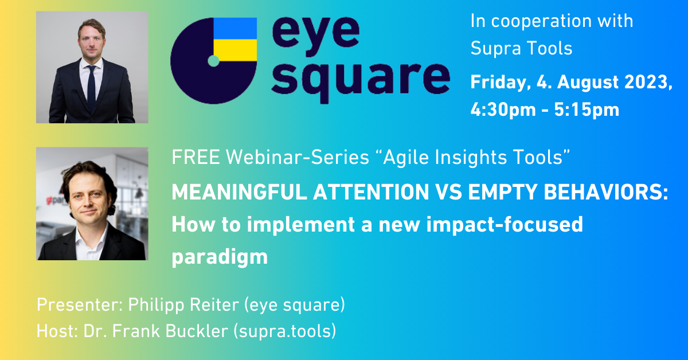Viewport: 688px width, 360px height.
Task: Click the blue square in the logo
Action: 235,29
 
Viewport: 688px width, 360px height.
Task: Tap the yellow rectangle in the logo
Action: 235,50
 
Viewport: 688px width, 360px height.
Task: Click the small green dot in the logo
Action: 213,61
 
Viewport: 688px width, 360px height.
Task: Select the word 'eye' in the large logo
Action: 316,36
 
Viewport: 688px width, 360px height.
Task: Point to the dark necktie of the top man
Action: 91,88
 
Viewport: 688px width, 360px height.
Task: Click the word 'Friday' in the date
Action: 501,83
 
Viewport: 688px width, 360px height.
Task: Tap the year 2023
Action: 648,82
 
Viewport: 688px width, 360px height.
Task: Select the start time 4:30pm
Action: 503,109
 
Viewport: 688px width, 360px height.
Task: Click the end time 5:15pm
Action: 587,109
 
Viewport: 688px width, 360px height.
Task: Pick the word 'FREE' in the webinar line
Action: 196,157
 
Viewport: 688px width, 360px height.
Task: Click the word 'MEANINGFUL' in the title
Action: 239,192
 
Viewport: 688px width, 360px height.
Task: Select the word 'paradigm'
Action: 220,257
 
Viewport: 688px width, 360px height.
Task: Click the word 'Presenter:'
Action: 80,305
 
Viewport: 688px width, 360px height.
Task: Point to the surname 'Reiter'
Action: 214,305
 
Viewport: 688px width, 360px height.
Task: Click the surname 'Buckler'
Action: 197,331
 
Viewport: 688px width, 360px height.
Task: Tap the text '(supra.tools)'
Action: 285,331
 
